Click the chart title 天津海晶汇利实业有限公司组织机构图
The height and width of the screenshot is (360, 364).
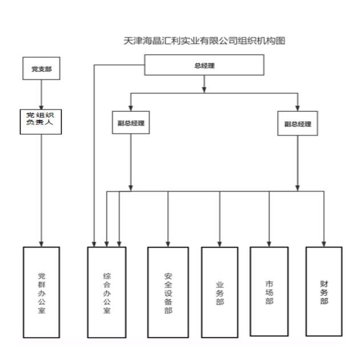[x=204, y=41]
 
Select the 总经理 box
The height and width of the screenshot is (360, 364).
[x=204, y=65]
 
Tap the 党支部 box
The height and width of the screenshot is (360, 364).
[x=42, y=68]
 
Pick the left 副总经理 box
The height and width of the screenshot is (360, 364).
[x=131, y=123]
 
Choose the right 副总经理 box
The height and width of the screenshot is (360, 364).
[x=297, y=123]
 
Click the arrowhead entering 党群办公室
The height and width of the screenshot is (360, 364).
[x=42, y=244]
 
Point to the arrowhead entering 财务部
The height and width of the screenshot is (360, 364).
[x=324, y=244]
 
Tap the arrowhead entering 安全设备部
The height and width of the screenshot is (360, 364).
[x=168, y=244]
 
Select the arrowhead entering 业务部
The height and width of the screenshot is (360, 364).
[x=220, y=244]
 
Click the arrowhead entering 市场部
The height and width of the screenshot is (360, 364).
[x=269, y=244]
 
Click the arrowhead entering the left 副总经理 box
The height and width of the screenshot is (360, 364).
[x=131, y=108]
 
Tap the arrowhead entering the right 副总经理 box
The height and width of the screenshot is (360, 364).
[x=297, y=108]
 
